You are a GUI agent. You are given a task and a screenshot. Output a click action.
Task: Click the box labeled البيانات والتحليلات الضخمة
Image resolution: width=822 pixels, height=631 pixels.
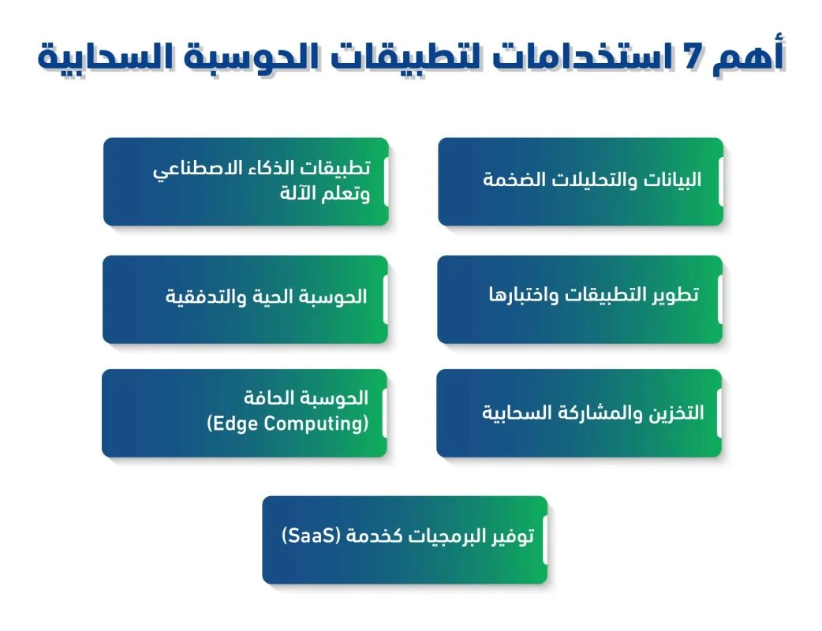pyautogui.click(x=581, y=181)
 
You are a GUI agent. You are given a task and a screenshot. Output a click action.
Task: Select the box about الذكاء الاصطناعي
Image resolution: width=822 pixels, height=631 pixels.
pyautogui.click(x=245, y=181)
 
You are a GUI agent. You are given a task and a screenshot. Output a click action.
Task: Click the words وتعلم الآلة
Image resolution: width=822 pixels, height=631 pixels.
pyautogui.click(x=324, y=194)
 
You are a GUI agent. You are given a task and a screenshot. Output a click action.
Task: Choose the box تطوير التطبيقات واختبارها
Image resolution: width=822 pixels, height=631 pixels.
pyautogui.click(x=580, y=299)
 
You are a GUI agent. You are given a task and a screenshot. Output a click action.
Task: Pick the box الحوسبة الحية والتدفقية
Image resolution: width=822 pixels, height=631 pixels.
pyautogui.click(x=245, y=299)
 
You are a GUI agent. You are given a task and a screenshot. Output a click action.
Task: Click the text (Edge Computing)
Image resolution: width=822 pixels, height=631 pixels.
pyautogui.click(x=288, y=424)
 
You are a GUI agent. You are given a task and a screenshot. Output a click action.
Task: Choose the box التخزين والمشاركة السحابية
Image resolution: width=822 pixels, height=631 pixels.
pyautogui.click(x=579, y=413)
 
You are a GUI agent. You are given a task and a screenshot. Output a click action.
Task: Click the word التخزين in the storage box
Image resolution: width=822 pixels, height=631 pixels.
pyautogui.click(x=675, y=413)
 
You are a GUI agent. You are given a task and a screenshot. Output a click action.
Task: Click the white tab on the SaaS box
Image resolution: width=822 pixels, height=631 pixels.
pyautogui.click(x=544, y=540)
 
